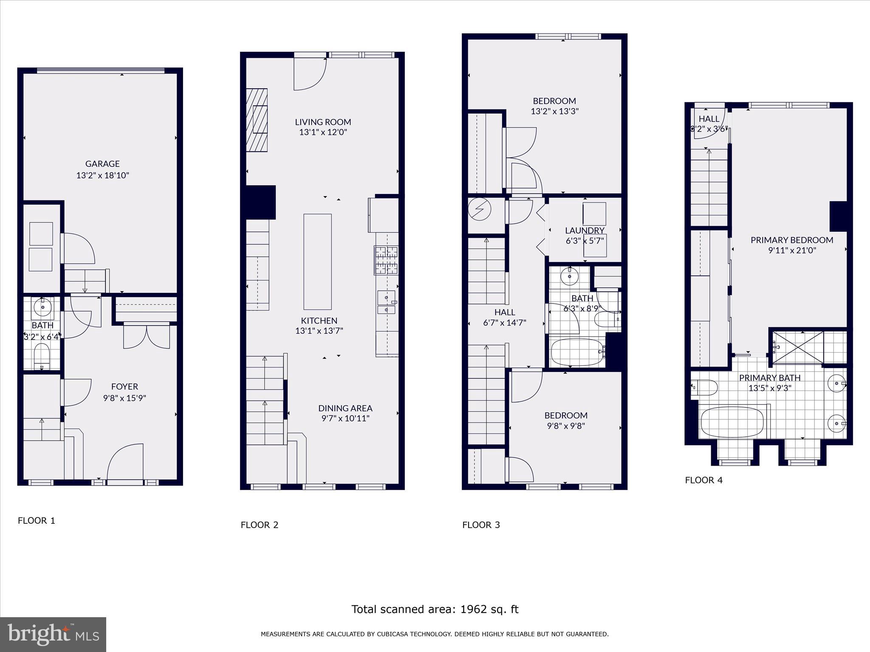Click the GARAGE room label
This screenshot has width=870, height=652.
[102, 163]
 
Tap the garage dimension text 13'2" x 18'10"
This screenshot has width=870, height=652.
[102, 175]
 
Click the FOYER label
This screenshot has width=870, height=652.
[124, 386]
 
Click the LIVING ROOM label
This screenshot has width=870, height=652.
[323, 122]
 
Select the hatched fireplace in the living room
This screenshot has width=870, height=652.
[257, 120]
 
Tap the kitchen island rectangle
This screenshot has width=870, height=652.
[317, 261]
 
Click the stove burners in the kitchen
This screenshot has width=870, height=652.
[386, 260]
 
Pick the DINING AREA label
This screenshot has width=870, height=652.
[345, 408]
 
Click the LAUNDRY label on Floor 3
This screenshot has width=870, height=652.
[585, 230]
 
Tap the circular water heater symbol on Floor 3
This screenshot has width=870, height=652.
[480, 210]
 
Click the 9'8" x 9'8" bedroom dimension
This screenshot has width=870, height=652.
[566, 426]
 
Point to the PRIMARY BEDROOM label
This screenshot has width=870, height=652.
[791, 240]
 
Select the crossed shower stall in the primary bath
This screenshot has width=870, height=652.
[798, 347]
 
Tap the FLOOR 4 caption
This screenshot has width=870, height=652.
[703, 480]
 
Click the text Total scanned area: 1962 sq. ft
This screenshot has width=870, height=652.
[435, 609]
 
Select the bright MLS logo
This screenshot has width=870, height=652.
[53, 634]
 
